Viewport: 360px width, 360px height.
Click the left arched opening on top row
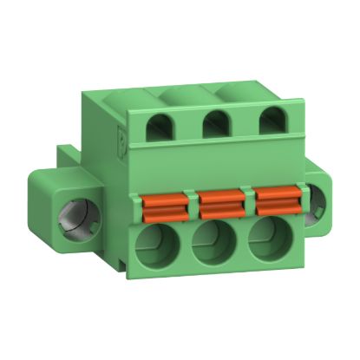coord(162,128)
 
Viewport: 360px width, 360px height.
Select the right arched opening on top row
coord(270,122)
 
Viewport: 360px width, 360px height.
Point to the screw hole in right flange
coord(319,202)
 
